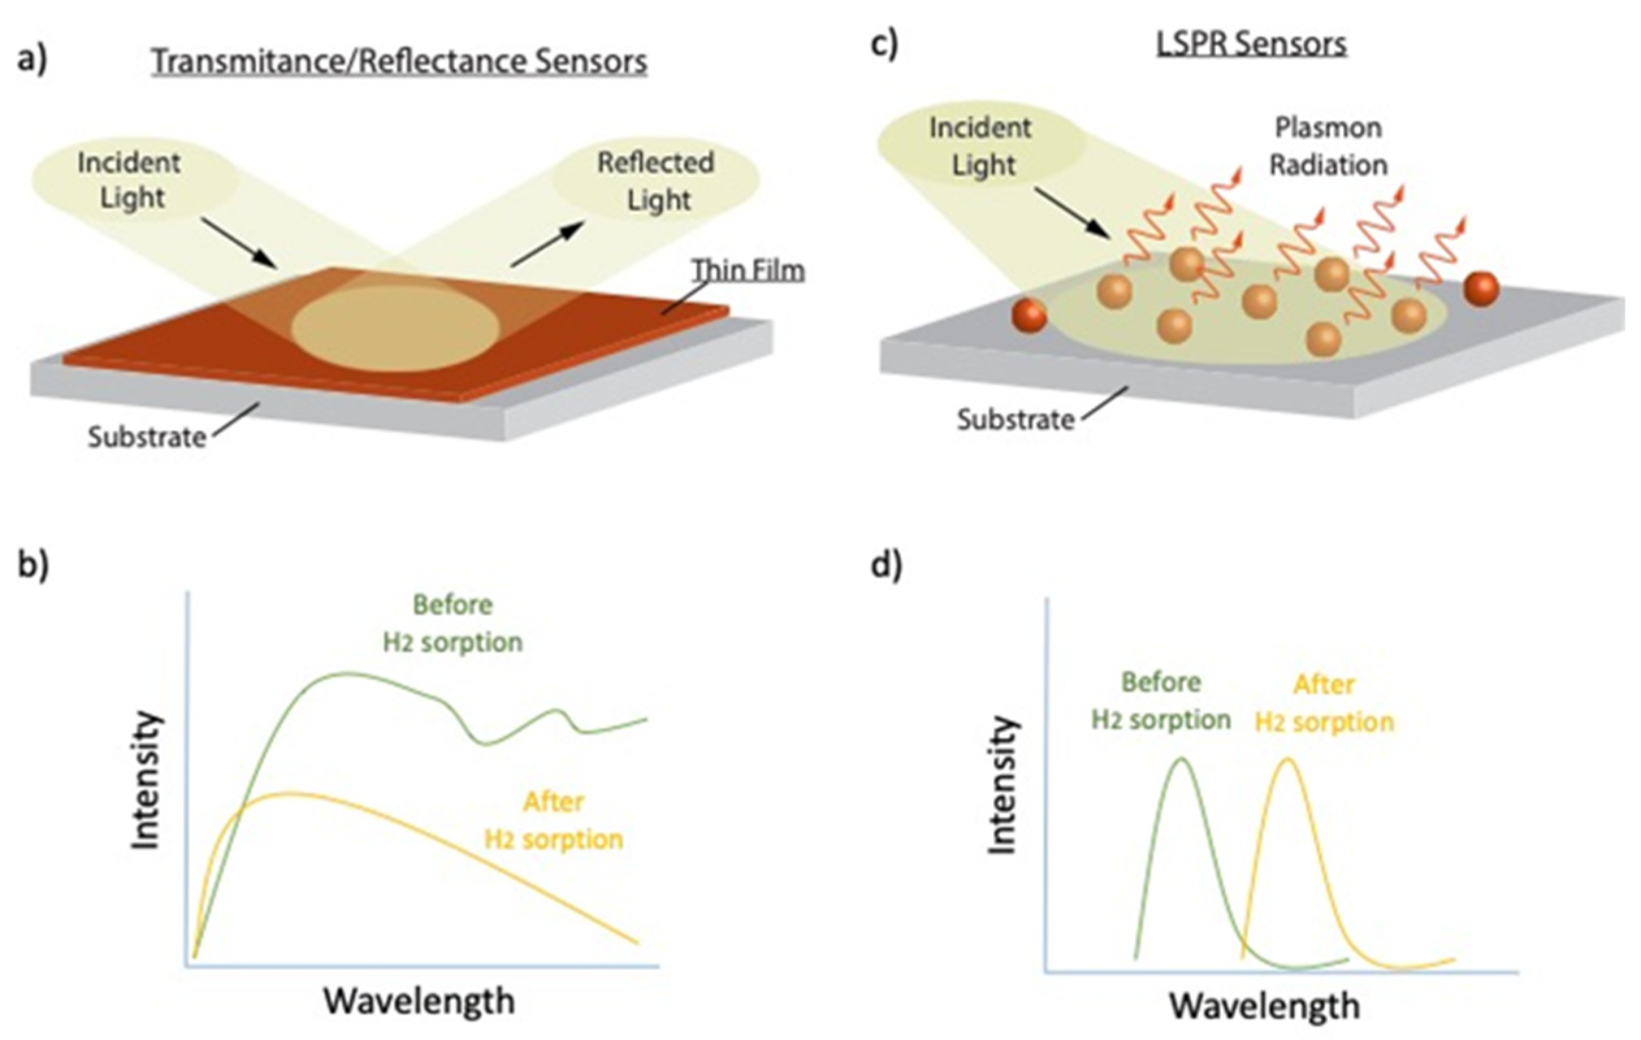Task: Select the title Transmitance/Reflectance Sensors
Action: [399, 61]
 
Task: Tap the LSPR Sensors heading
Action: [1251, 44]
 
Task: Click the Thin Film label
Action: [748, 270]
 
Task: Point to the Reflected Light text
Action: [655, 181]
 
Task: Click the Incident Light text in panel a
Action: [129, 181]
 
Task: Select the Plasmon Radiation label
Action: [1328, 146]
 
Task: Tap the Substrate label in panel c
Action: [1016, 419]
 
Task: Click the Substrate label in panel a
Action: [146, 437]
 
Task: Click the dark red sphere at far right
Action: [1481, 289]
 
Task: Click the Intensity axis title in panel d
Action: [1003, 785]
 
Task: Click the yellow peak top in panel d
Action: [1287, 759]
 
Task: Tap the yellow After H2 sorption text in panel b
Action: [553, 820]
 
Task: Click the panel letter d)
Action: [887, 565]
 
